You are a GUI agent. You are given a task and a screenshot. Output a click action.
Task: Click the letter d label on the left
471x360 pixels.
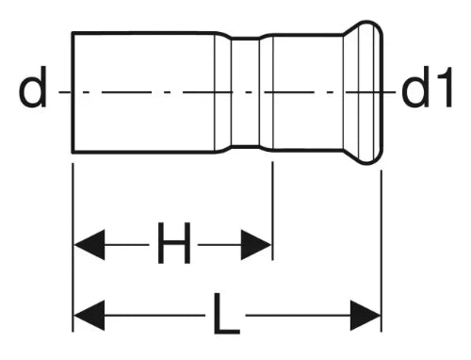tap(33, 87)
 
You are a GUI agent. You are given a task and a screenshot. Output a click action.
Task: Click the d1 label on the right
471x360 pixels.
tap(427, 87)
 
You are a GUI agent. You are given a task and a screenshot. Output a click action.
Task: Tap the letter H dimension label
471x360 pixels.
tap(174, 242)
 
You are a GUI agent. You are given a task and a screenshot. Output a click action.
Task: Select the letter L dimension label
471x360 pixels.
tap(227, 313)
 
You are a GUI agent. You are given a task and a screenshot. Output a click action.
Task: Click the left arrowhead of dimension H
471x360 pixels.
tap(89, 245)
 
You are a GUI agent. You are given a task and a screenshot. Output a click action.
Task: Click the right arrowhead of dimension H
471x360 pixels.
tap(256, 245)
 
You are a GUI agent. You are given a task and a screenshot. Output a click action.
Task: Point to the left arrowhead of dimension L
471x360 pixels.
tap(89, 315)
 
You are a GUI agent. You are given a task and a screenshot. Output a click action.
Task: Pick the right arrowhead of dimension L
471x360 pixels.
tap(365, 315)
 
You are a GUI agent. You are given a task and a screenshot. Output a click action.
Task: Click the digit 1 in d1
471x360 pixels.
tap(444, 87)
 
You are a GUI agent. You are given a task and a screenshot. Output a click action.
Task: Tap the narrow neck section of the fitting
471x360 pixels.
tap(246, 92)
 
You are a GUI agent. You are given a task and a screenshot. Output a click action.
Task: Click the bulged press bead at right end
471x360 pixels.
tap(365, 92)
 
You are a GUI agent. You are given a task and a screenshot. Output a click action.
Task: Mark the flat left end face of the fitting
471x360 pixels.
tap(73, 92)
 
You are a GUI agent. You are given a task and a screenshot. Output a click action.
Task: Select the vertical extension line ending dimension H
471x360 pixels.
tap(272, 211)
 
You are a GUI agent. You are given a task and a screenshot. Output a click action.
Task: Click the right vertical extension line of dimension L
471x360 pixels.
tap(382, 251)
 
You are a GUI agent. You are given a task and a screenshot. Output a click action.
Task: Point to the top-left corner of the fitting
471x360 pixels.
tap(73, 32)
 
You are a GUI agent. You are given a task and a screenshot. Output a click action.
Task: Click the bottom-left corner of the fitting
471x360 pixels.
tap(73, 153)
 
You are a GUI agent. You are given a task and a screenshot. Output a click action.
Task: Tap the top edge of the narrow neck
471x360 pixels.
tap(246, 38)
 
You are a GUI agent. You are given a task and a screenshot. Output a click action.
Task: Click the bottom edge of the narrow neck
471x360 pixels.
tap(246, 146)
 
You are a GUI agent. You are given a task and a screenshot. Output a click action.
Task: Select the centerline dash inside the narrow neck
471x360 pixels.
tap(249, 92)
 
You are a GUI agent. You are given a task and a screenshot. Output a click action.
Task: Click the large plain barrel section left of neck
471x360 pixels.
tap(144, 92)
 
